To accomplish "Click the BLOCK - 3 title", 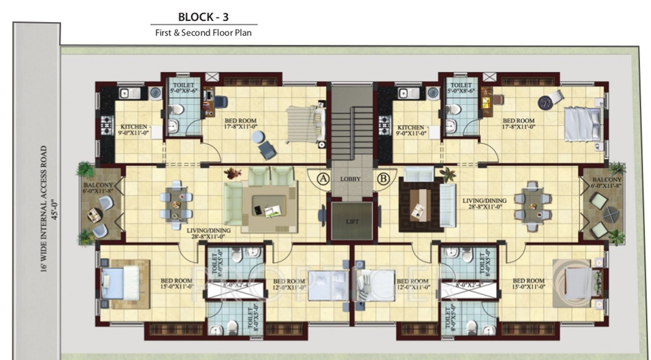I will pos(203,17).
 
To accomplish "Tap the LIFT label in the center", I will pos(352,222).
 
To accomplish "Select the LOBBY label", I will pos(350,179).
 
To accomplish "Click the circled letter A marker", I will pos(322,178).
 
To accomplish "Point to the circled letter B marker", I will pos(383,178).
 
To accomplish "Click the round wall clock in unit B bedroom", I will pos(545,102).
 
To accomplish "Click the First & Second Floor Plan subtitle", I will pos(203,34).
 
